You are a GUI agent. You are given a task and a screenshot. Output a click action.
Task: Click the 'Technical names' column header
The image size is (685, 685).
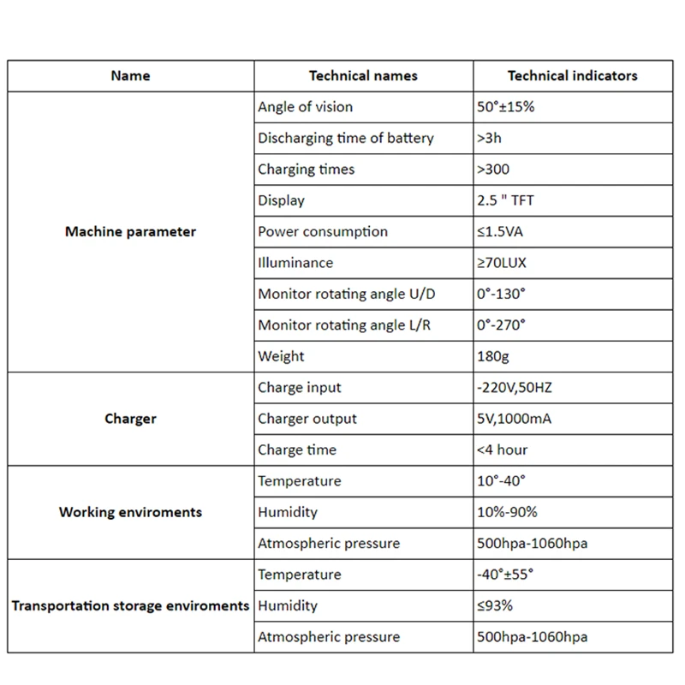tap(363, 75)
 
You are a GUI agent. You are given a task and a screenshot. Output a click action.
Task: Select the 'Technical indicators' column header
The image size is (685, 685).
tap(572, 75)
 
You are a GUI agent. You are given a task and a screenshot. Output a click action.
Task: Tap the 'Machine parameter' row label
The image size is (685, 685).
tap(130, 231)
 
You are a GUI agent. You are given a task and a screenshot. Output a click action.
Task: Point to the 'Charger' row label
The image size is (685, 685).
tap(130, 419)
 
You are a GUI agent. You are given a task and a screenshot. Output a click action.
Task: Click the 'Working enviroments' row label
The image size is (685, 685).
tap(130, 512)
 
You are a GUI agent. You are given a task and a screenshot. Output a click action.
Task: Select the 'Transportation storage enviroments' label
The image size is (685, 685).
tap(130, 605)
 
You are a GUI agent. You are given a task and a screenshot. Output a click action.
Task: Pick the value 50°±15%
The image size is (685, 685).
tap(506, 107)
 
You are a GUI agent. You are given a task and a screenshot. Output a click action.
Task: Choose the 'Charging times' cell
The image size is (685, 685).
tap(306, 170)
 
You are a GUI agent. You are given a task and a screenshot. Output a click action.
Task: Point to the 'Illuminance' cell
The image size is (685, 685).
tap(295, 263)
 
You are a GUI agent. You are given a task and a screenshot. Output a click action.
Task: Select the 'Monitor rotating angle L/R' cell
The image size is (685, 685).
tap(345, 325)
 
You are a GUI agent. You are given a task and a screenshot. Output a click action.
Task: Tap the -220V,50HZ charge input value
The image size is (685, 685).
tap(515, 388)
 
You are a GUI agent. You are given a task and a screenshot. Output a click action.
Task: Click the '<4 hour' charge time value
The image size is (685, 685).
tap(502, 450)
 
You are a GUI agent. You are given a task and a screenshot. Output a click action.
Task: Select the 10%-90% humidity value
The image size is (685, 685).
tap(507, 512)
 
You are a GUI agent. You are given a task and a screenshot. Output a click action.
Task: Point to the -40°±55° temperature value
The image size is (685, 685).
tap(510, 575)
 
